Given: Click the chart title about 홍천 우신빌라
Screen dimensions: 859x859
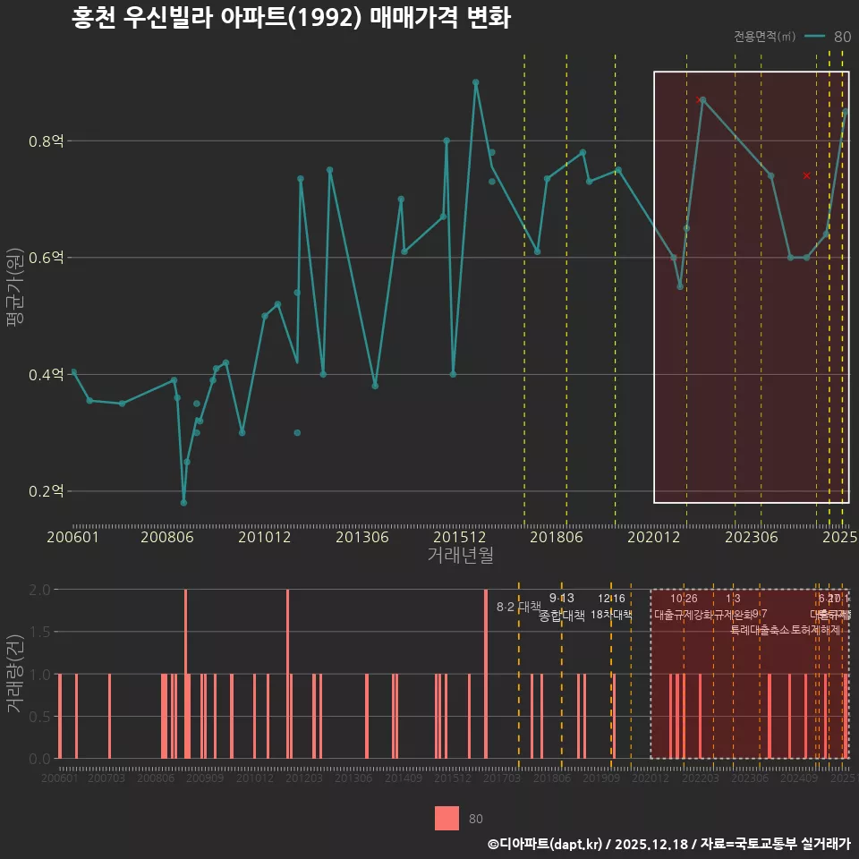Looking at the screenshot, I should pos(291,19).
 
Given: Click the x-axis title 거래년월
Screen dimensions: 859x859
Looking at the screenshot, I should pos(460,555).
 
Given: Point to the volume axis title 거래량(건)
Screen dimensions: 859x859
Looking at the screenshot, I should pos(14,674).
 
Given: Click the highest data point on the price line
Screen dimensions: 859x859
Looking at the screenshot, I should pos(476,82).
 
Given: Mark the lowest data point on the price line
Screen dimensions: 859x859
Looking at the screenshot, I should pos(183,502).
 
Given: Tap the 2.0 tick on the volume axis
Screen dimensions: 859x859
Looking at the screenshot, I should pos(41,590).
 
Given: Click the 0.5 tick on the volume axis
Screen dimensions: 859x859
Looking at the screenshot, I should pos(41,716).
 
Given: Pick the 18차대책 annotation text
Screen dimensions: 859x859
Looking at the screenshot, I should pos(611,615).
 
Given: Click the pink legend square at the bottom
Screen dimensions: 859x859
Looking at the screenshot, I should pos(447,818).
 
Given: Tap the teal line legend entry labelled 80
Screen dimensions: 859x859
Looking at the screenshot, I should pos(827,37).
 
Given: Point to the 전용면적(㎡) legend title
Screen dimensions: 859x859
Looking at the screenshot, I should pos(764,37).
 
